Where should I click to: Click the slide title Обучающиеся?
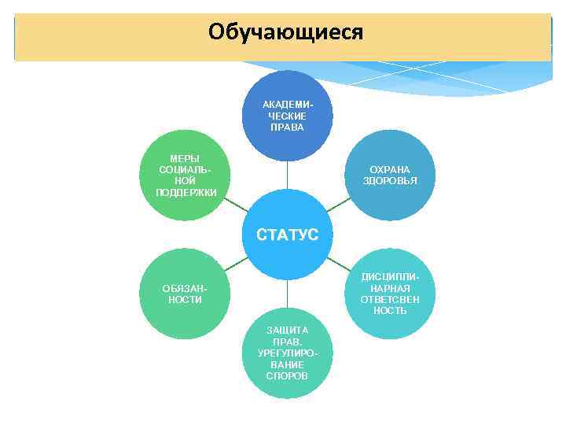[x=286, y=32]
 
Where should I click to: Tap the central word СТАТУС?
[x=287, y=235]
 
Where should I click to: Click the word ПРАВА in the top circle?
[x=287, y=128]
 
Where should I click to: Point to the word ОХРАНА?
[x=390, y=169]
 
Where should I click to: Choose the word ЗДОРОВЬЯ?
[x=390, y=181]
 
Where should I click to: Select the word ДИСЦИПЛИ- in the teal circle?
[x=390, y=277]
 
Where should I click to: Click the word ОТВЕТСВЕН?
[x=390, y=300]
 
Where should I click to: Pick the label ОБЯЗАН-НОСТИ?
[x=184, y=294]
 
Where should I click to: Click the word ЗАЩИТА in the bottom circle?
[x=287, y=330]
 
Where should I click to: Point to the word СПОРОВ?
[x=287, y=376]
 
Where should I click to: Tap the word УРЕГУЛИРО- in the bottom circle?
[x=287, y=353]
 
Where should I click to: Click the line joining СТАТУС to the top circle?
[x=287, y=175]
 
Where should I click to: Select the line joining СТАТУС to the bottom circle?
[x=287, y=294]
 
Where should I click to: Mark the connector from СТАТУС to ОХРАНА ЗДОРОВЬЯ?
[x=338, y=204]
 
